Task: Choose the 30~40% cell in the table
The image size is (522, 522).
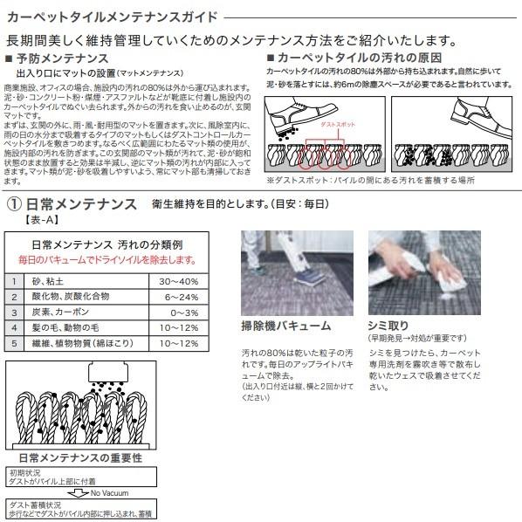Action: click(179, 281)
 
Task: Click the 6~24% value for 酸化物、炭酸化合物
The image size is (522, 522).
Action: click(179, 297)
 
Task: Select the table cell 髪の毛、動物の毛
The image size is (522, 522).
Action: click(69, 327)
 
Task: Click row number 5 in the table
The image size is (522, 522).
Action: click(15, 343)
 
